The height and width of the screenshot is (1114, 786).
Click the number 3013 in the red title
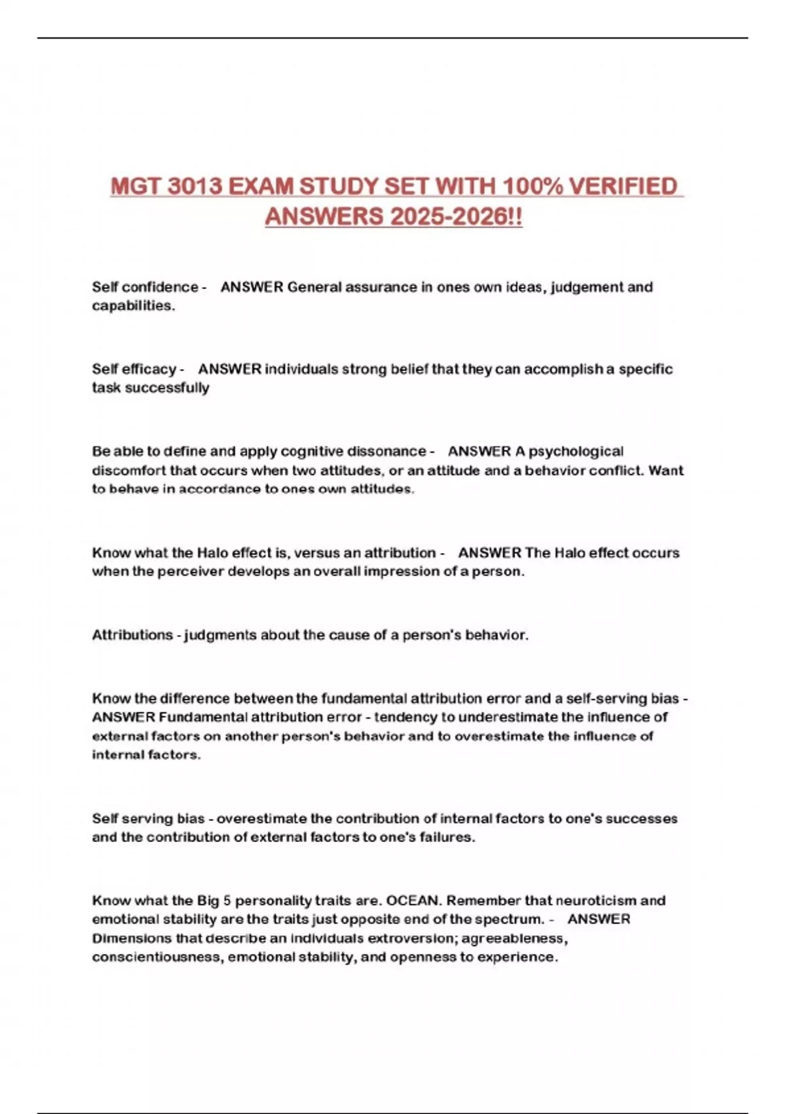[x=195, y=187]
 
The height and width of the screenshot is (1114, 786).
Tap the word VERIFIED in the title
[x=623, y=187]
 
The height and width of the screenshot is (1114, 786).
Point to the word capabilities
[x=133, y=306]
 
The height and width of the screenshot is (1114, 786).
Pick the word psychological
[x=576, y=451]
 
